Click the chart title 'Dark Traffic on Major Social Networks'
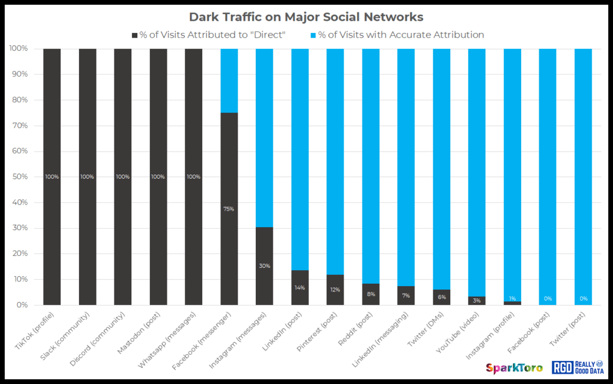[x=306, y=17]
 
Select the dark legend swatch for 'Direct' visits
[x=135, y=35]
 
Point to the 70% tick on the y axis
[x=20, y=126]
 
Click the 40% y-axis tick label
[x=20, y=202]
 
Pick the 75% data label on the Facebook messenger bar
[x=229, y=209]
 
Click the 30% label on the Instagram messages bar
[x=264, y=266]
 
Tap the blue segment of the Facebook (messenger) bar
[x=229, y=80]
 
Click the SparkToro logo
[x=514, y=368]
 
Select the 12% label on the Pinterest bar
[x=335, y=289]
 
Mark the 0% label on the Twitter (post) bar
[x=583, y=298]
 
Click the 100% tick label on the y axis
[x=18, y=48]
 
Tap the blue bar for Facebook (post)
[x=548, y=177]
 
